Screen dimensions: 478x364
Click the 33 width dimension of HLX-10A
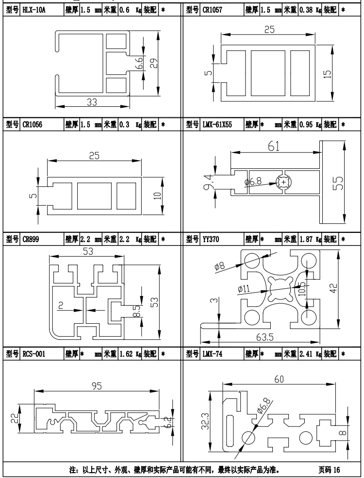pyautogui.click(x=92, y=102)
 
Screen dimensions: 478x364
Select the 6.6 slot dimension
pyautogui.click(x=138, y=63)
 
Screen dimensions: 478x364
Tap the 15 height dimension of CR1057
pyautogui.click(x=327, y=73)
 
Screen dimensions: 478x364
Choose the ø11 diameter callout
pyautogui.click(x=244, y=289)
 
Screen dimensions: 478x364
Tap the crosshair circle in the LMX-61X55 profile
pyautogui.click(x=283, y=182)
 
